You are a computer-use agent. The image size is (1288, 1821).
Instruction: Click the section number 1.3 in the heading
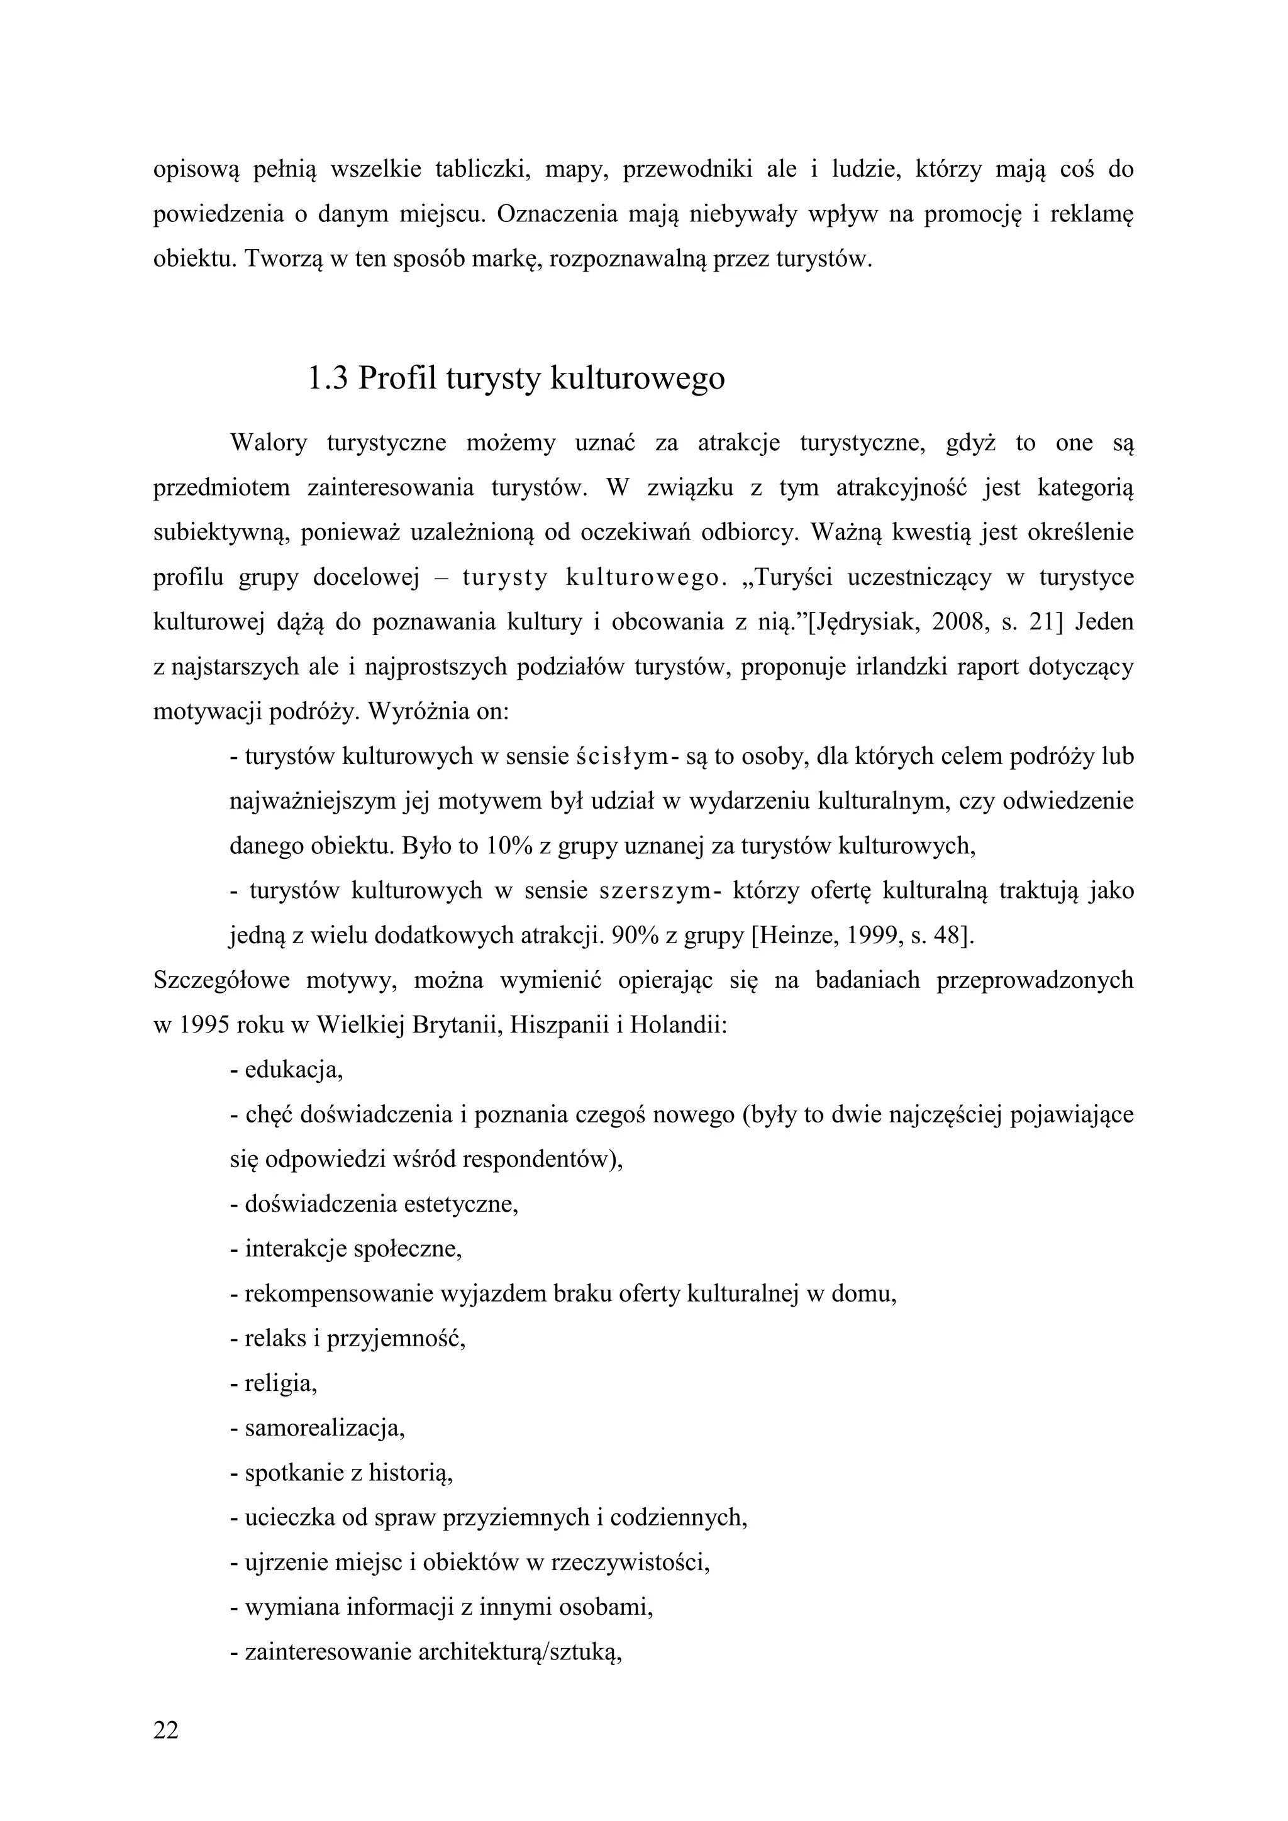coord(327,379)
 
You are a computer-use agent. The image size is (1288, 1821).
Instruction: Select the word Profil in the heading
coord(397,379)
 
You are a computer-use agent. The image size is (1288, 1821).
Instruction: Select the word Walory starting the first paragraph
coord(268,443)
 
